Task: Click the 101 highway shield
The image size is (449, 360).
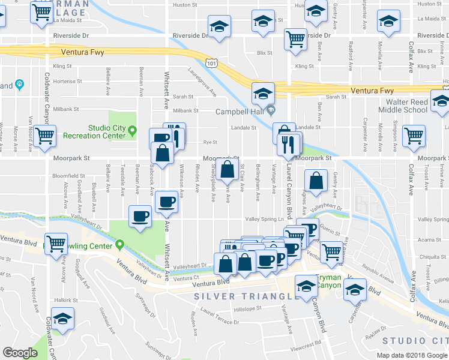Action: [x=209, y=62]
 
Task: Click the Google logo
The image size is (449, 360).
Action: [x=20, y=353]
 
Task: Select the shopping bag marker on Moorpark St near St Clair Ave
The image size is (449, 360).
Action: [x=228, y=170]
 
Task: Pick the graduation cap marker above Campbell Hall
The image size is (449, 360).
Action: [x=263, y=93]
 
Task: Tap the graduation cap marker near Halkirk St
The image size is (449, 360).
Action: [x=62, y=319]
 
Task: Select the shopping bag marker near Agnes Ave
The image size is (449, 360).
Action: [x=316, y=181]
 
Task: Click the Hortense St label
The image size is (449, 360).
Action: [x=66, y=80]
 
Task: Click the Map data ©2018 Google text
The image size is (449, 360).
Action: [x=412, y=355]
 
